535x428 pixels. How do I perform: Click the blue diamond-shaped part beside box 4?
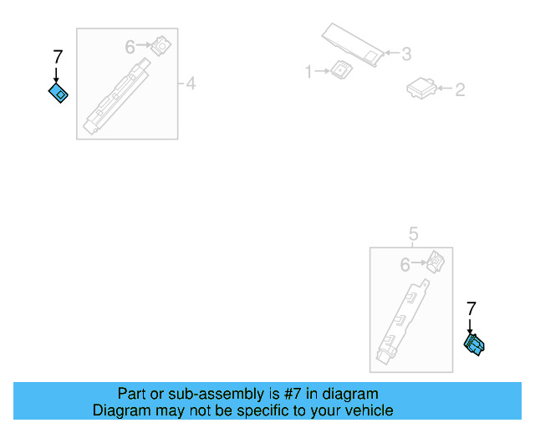[58, 93]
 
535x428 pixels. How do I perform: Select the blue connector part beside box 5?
[474, 344]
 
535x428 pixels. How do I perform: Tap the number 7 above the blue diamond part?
[58, 57]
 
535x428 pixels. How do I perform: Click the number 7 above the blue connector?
[471, 308]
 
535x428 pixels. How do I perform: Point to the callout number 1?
[308, 72]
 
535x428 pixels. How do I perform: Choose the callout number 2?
[460, 89]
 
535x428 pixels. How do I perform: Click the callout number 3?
[406, 54]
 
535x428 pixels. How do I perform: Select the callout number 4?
[191, 84]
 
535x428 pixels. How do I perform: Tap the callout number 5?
[413, 234]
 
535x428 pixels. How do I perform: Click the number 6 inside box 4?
[130, 47]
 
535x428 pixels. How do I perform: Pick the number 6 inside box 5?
[405, 265]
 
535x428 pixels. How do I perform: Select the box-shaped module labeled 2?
[421, 89]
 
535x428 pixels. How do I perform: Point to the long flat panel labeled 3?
[353, 44]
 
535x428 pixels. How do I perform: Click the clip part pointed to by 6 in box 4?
[161, 45]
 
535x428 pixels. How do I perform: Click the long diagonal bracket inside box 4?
[117, 96]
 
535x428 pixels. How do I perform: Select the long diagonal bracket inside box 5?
[402, 322]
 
